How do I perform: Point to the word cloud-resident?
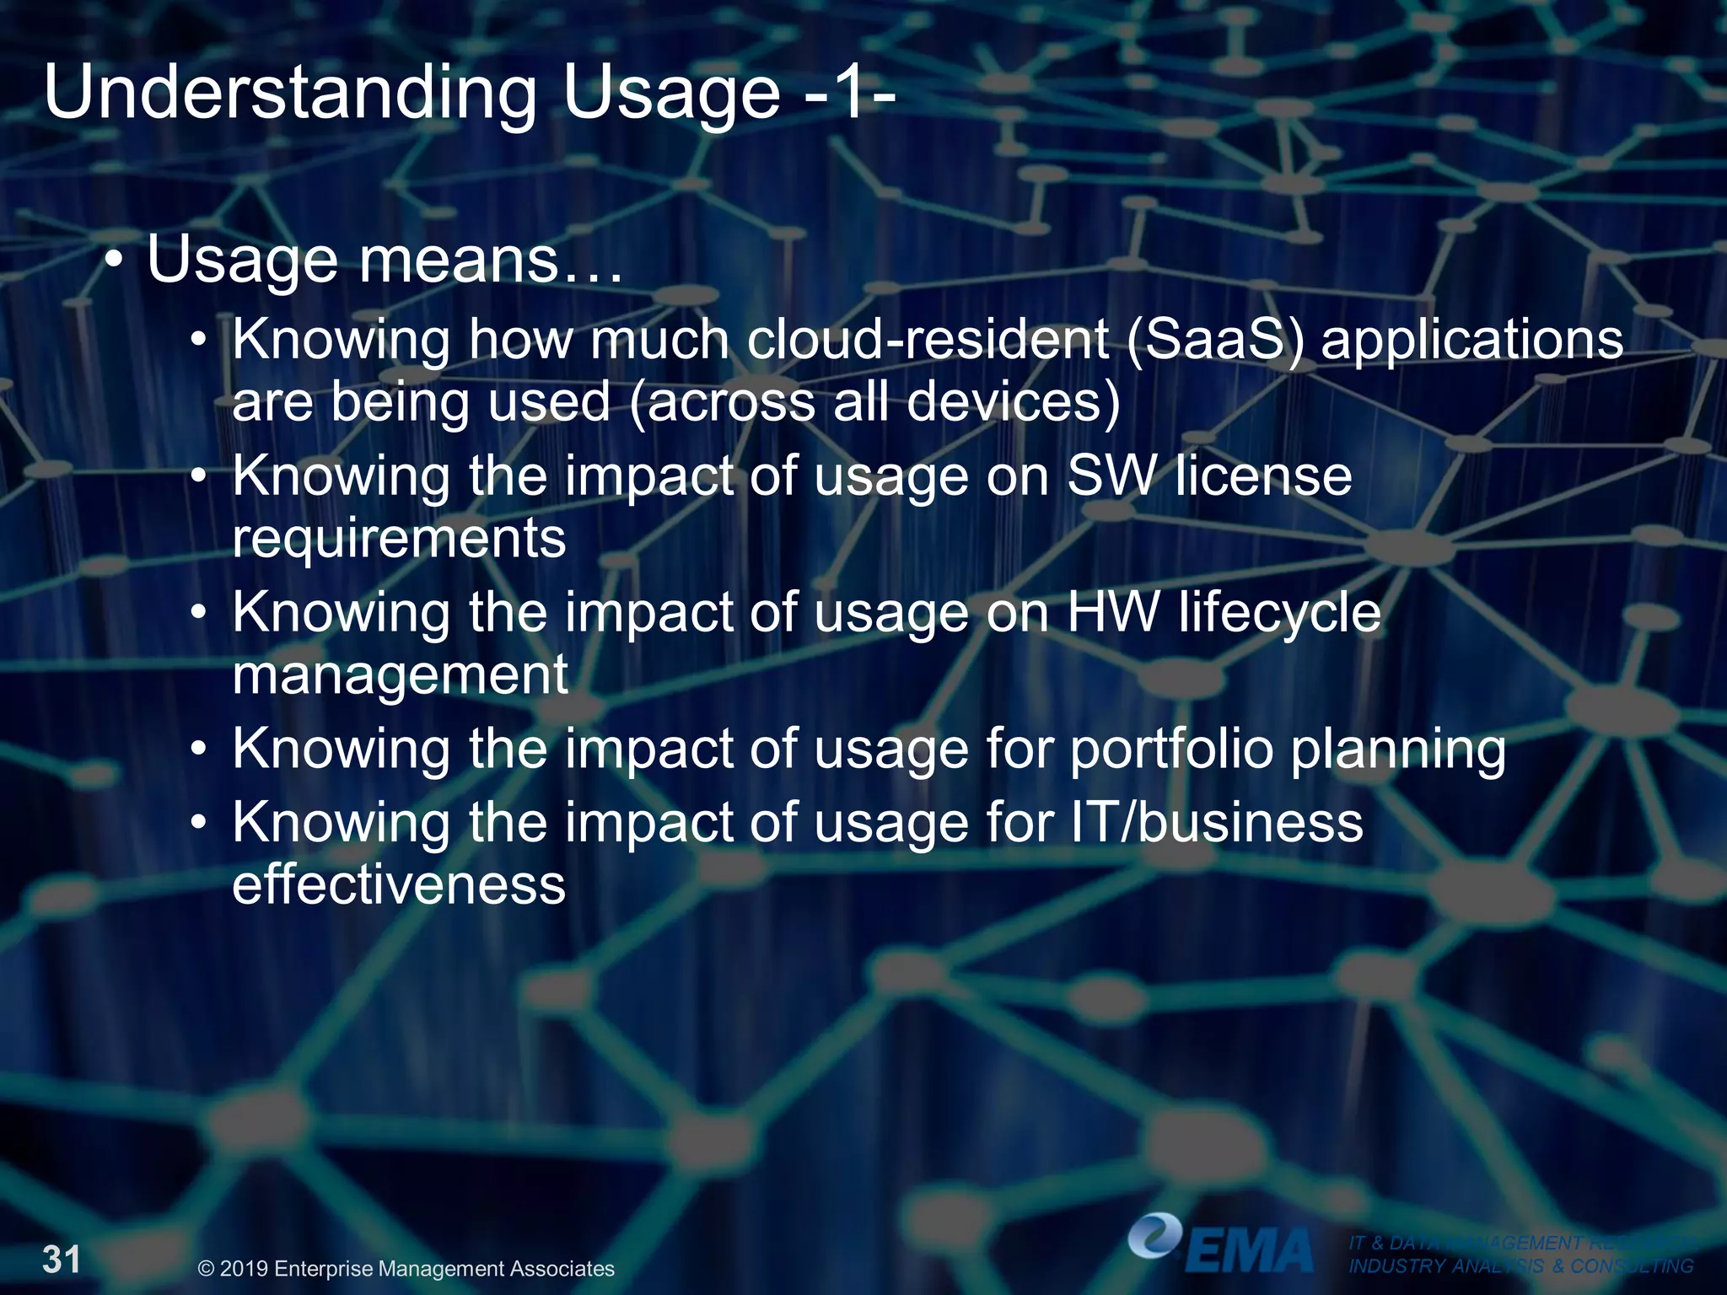(x=928, y=339)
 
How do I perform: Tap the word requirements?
(x=399, y=540)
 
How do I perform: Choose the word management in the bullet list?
(x=400, y=674)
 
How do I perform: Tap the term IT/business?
(x=1215, y=823)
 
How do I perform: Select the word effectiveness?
(x=399, y=885)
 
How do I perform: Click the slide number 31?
(x=62, y=1260)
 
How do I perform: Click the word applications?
(x=1471, y=341)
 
